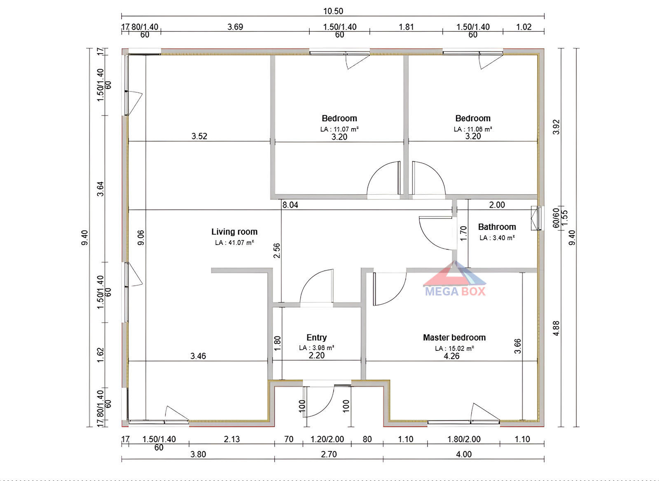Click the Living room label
tap(234, 232)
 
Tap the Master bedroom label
tap(454, 338)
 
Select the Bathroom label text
tap(497, 227)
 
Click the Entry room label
tap(316, 338)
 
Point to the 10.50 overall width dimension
tap(333, 11)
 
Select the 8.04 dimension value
tap(290, 205)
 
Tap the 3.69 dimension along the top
tap(235, 27)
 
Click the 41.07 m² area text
tap(234, 243)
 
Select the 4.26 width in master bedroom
tap(451, 356)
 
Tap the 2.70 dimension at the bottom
tap(329, 454)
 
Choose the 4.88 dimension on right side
tap(556, 328)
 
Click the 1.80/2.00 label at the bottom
tap(464, 439)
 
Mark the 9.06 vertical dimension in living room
tap(141, 237)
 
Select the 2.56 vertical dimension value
tap(277, 250)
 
